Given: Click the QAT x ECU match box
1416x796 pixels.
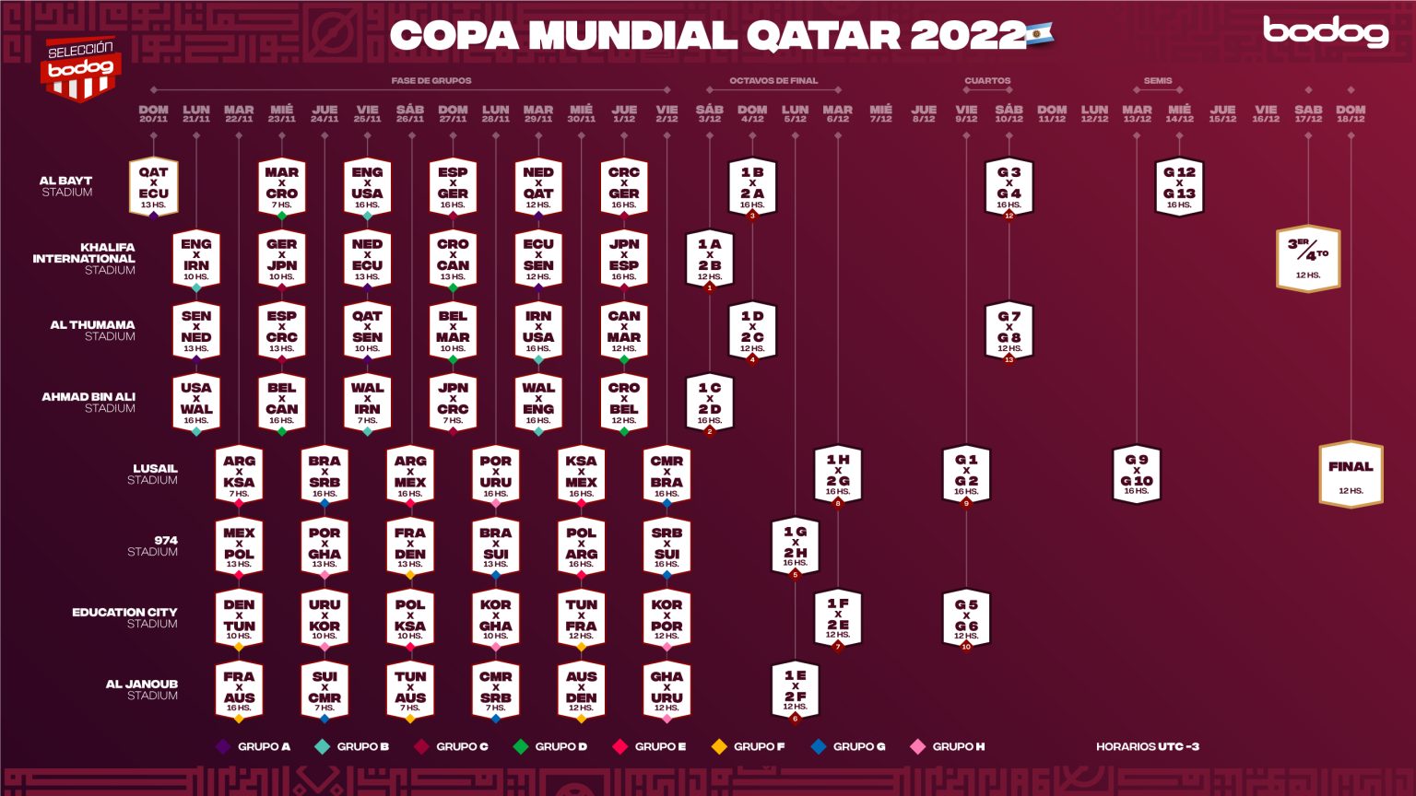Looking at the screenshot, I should [153, 187].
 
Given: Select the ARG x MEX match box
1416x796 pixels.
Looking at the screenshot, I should [410, 475].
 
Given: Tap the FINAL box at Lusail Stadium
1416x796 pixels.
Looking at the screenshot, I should [1351, 474].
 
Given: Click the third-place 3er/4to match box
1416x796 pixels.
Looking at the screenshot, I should [1307, 258].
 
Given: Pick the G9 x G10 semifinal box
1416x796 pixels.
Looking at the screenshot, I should [1137, 474].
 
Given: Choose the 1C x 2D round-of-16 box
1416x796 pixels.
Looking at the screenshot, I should [709, 403].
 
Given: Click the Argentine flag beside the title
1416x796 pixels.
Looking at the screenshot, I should [1040, 35].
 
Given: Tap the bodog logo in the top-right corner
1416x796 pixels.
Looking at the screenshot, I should [1326, 31].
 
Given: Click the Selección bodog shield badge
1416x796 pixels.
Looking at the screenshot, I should [81, 68].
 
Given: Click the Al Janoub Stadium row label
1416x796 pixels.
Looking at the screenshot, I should [142, 689].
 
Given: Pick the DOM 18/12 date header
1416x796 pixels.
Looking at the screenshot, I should [1351, 113].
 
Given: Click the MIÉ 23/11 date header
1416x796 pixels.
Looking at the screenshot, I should [281, 113].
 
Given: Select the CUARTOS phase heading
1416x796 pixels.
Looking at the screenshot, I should [987, 81].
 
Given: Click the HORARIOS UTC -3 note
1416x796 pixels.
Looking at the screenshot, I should [1147, 746].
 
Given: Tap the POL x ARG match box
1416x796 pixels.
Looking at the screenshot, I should [581, 547].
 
